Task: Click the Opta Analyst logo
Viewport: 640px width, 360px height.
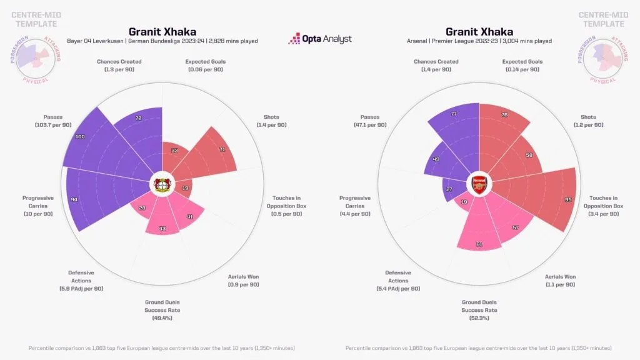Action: [319, 39]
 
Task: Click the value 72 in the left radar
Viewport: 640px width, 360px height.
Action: [138, 118]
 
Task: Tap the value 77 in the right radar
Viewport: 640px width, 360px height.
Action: [454, 114]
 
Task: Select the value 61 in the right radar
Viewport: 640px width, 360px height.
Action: [479, 244]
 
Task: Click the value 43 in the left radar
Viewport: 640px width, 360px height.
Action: [162, 229]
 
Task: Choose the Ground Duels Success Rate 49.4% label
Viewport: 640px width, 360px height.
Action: [162, 309]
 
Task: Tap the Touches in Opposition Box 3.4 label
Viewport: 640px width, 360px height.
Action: [603, 206]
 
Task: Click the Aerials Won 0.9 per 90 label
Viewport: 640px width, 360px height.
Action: [244, 280]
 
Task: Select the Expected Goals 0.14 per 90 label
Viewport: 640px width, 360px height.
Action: [522, 66]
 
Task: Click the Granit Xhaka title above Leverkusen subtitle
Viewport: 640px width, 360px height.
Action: [162, 31]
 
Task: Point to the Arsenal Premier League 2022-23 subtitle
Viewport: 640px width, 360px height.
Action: [479, 41]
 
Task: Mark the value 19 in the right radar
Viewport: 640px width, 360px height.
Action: [463, 202]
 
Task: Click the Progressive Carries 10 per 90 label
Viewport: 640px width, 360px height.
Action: [38, 206]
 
